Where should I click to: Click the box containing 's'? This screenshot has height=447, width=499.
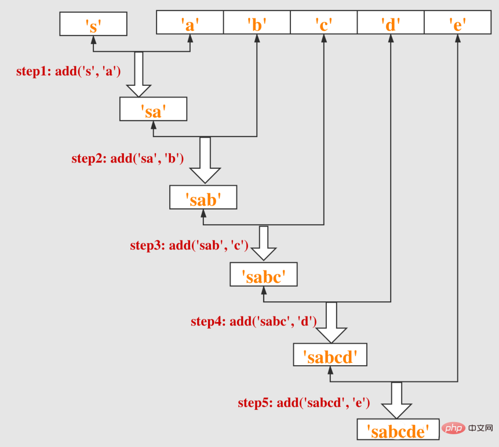[x=93, y=24]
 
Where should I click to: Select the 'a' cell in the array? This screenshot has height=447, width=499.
[x=190, y=24]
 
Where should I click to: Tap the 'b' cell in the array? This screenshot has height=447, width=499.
[x=257, y=24]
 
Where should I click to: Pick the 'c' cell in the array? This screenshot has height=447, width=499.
[x=323, y=24]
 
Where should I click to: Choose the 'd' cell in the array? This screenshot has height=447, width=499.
[x=391, y=24]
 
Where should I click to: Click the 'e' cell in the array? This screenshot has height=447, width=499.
[x=458, y=24]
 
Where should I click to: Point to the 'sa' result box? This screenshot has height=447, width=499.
[x=153, y=109]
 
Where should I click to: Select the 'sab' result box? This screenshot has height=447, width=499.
[x=203, y=197]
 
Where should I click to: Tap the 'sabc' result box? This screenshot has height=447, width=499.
[x=263, y=275]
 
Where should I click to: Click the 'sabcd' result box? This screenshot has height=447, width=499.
[x=330, y=355]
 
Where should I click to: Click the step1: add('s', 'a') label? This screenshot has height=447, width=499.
[x=68, y=72]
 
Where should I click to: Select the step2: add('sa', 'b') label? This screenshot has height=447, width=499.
[x=128, y=158]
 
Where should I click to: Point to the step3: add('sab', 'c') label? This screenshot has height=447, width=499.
[x=189, y=246]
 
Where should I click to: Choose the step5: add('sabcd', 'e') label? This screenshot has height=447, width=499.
[x=304, y=402]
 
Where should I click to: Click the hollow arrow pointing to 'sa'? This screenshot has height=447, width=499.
[x=139, y=74]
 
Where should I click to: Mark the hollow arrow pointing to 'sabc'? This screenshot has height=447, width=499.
[x=264, y=243]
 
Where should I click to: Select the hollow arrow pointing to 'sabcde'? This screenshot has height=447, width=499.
[x=396, y=400]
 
